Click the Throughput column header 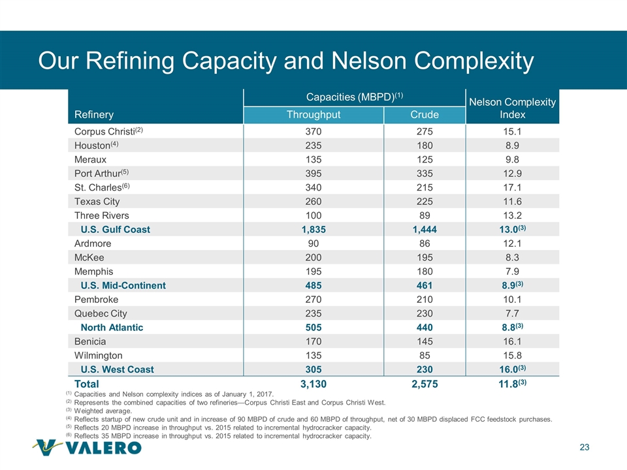point(313,115)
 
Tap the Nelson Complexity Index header point(512,108)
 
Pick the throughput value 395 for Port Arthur point(313,172)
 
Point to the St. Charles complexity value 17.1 point(512,187)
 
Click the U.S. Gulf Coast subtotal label point(115,230)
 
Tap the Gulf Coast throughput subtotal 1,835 point(313,230)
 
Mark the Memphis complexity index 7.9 point(512,272)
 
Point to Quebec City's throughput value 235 point(313,314)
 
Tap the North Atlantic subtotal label point(112,328)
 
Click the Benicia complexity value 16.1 point(512,341)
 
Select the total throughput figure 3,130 point(313,384)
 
